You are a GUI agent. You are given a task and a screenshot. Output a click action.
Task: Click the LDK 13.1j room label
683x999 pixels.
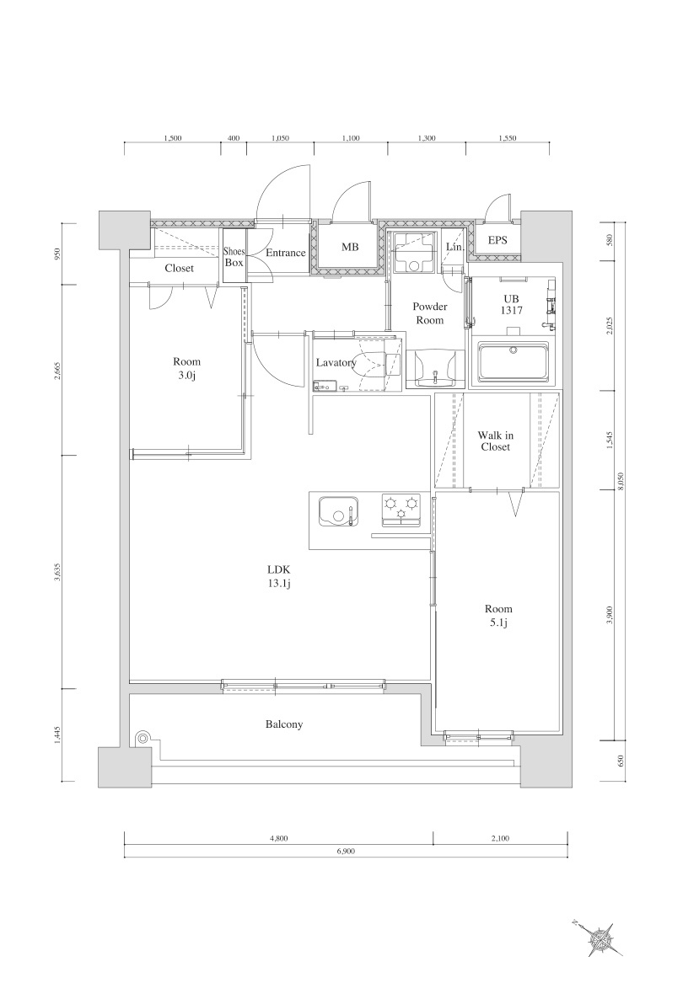[279, 575]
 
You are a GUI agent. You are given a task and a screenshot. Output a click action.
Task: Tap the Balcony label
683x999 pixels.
[284, 724]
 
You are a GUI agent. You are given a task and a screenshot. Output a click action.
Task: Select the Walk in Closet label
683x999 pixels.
[496, 441]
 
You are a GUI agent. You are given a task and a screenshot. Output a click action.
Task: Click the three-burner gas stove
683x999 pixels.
[401, 510]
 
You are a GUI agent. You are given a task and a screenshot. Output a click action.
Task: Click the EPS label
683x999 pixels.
[497, 240]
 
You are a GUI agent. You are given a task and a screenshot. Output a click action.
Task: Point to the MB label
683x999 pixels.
[349, 246]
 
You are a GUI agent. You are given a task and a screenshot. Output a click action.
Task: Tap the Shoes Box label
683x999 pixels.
[234, 258]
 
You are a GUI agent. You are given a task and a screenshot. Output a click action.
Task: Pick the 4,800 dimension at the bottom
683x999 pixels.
[279, 838]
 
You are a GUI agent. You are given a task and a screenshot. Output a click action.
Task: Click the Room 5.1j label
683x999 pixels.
[498, 616]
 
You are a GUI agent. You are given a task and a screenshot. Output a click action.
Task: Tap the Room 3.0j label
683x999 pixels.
[187, 368]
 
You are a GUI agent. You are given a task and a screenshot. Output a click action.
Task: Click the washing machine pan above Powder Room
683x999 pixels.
[413, 253]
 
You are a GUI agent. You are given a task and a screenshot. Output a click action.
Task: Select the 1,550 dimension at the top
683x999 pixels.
[507, 138]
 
